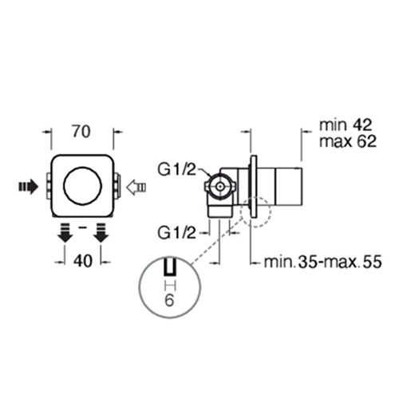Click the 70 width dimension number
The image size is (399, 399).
pos(81,132)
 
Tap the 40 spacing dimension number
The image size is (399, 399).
pos(83,261)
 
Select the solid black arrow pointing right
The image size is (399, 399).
pos(29,187)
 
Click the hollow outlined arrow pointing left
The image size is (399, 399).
pos(136,187)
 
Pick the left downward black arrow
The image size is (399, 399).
pos(65,233)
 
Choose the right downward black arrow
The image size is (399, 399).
pos(101,233)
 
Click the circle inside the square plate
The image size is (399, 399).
pos(82,186)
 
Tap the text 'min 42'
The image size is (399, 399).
pos(345,124)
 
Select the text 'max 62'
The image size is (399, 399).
pos(348,141)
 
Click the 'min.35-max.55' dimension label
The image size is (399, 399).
pos(322,262)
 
